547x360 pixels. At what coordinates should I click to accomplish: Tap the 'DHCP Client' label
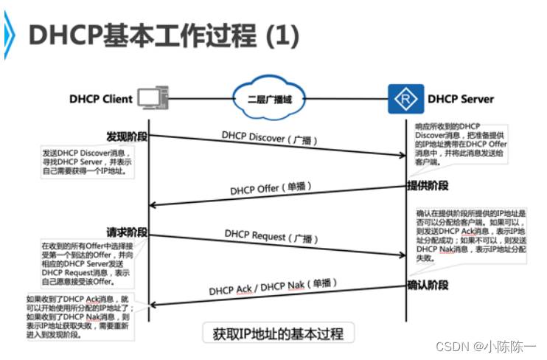(101, 98)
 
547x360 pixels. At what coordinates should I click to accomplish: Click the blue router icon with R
(405, 99)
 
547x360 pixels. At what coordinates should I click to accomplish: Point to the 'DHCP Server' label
(461, 99)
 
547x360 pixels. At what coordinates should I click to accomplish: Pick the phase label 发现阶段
(127, 136)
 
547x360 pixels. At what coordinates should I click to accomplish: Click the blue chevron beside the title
(9, 34)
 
